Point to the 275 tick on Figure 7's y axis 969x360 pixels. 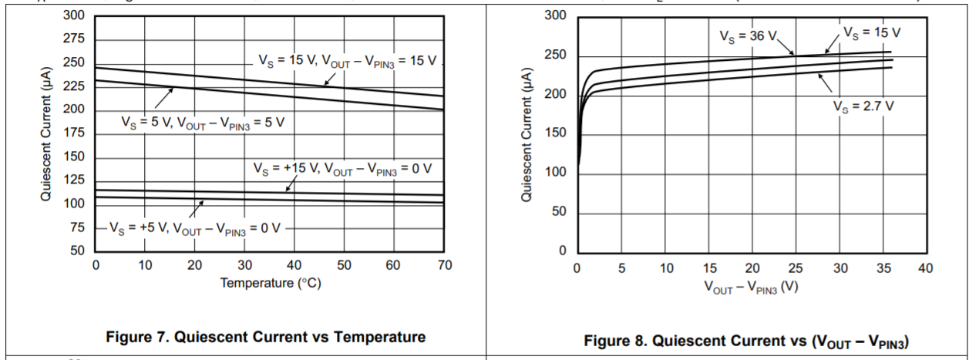74,39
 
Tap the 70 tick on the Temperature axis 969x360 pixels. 444,266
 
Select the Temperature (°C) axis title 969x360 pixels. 270,283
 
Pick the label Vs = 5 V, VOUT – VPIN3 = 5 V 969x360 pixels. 203,122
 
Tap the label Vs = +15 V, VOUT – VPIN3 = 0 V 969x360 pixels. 342,168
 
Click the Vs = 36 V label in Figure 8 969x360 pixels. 748,35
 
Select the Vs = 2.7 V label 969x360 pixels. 863,106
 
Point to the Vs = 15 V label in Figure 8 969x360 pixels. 872,33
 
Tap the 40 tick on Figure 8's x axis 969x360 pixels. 926,268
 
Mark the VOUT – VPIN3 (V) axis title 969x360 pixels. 751,287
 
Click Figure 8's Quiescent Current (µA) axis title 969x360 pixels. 527,135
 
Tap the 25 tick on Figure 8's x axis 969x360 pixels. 796,268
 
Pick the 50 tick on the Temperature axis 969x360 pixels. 344,266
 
